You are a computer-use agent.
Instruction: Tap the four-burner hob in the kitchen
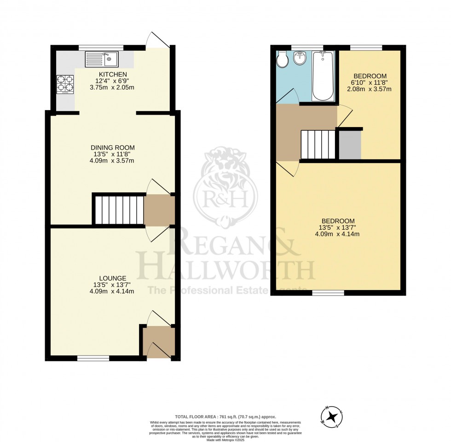(x=65, y=84)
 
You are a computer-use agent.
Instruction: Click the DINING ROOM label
(x=113, y=148)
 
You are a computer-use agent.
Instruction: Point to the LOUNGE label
(x=112, y=278)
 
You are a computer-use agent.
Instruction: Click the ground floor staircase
(x=119, y=209)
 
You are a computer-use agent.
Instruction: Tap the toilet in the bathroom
(x=282, y=60)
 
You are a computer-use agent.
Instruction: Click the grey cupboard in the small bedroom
(x=350, y=145)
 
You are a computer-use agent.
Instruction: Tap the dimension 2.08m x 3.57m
(x=370, y=89)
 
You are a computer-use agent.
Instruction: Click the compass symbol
(x=331, y=415)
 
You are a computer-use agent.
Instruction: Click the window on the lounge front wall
(x=93, y=358)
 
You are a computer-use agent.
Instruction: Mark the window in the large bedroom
(x=328, y=293)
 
